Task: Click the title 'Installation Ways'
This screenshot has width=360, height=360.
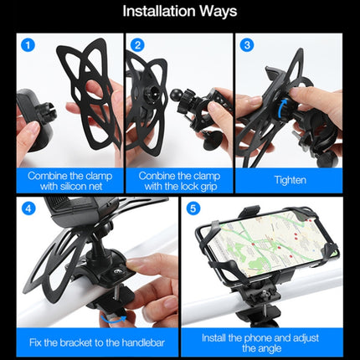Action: (180, 12)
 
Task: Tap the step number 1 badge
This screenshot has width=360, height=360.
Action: (29, 44)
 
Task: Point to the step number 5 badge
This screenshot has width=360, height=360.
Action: (194, 208)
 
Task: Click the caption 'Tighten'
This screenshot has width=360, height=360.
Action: (289, 178)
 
